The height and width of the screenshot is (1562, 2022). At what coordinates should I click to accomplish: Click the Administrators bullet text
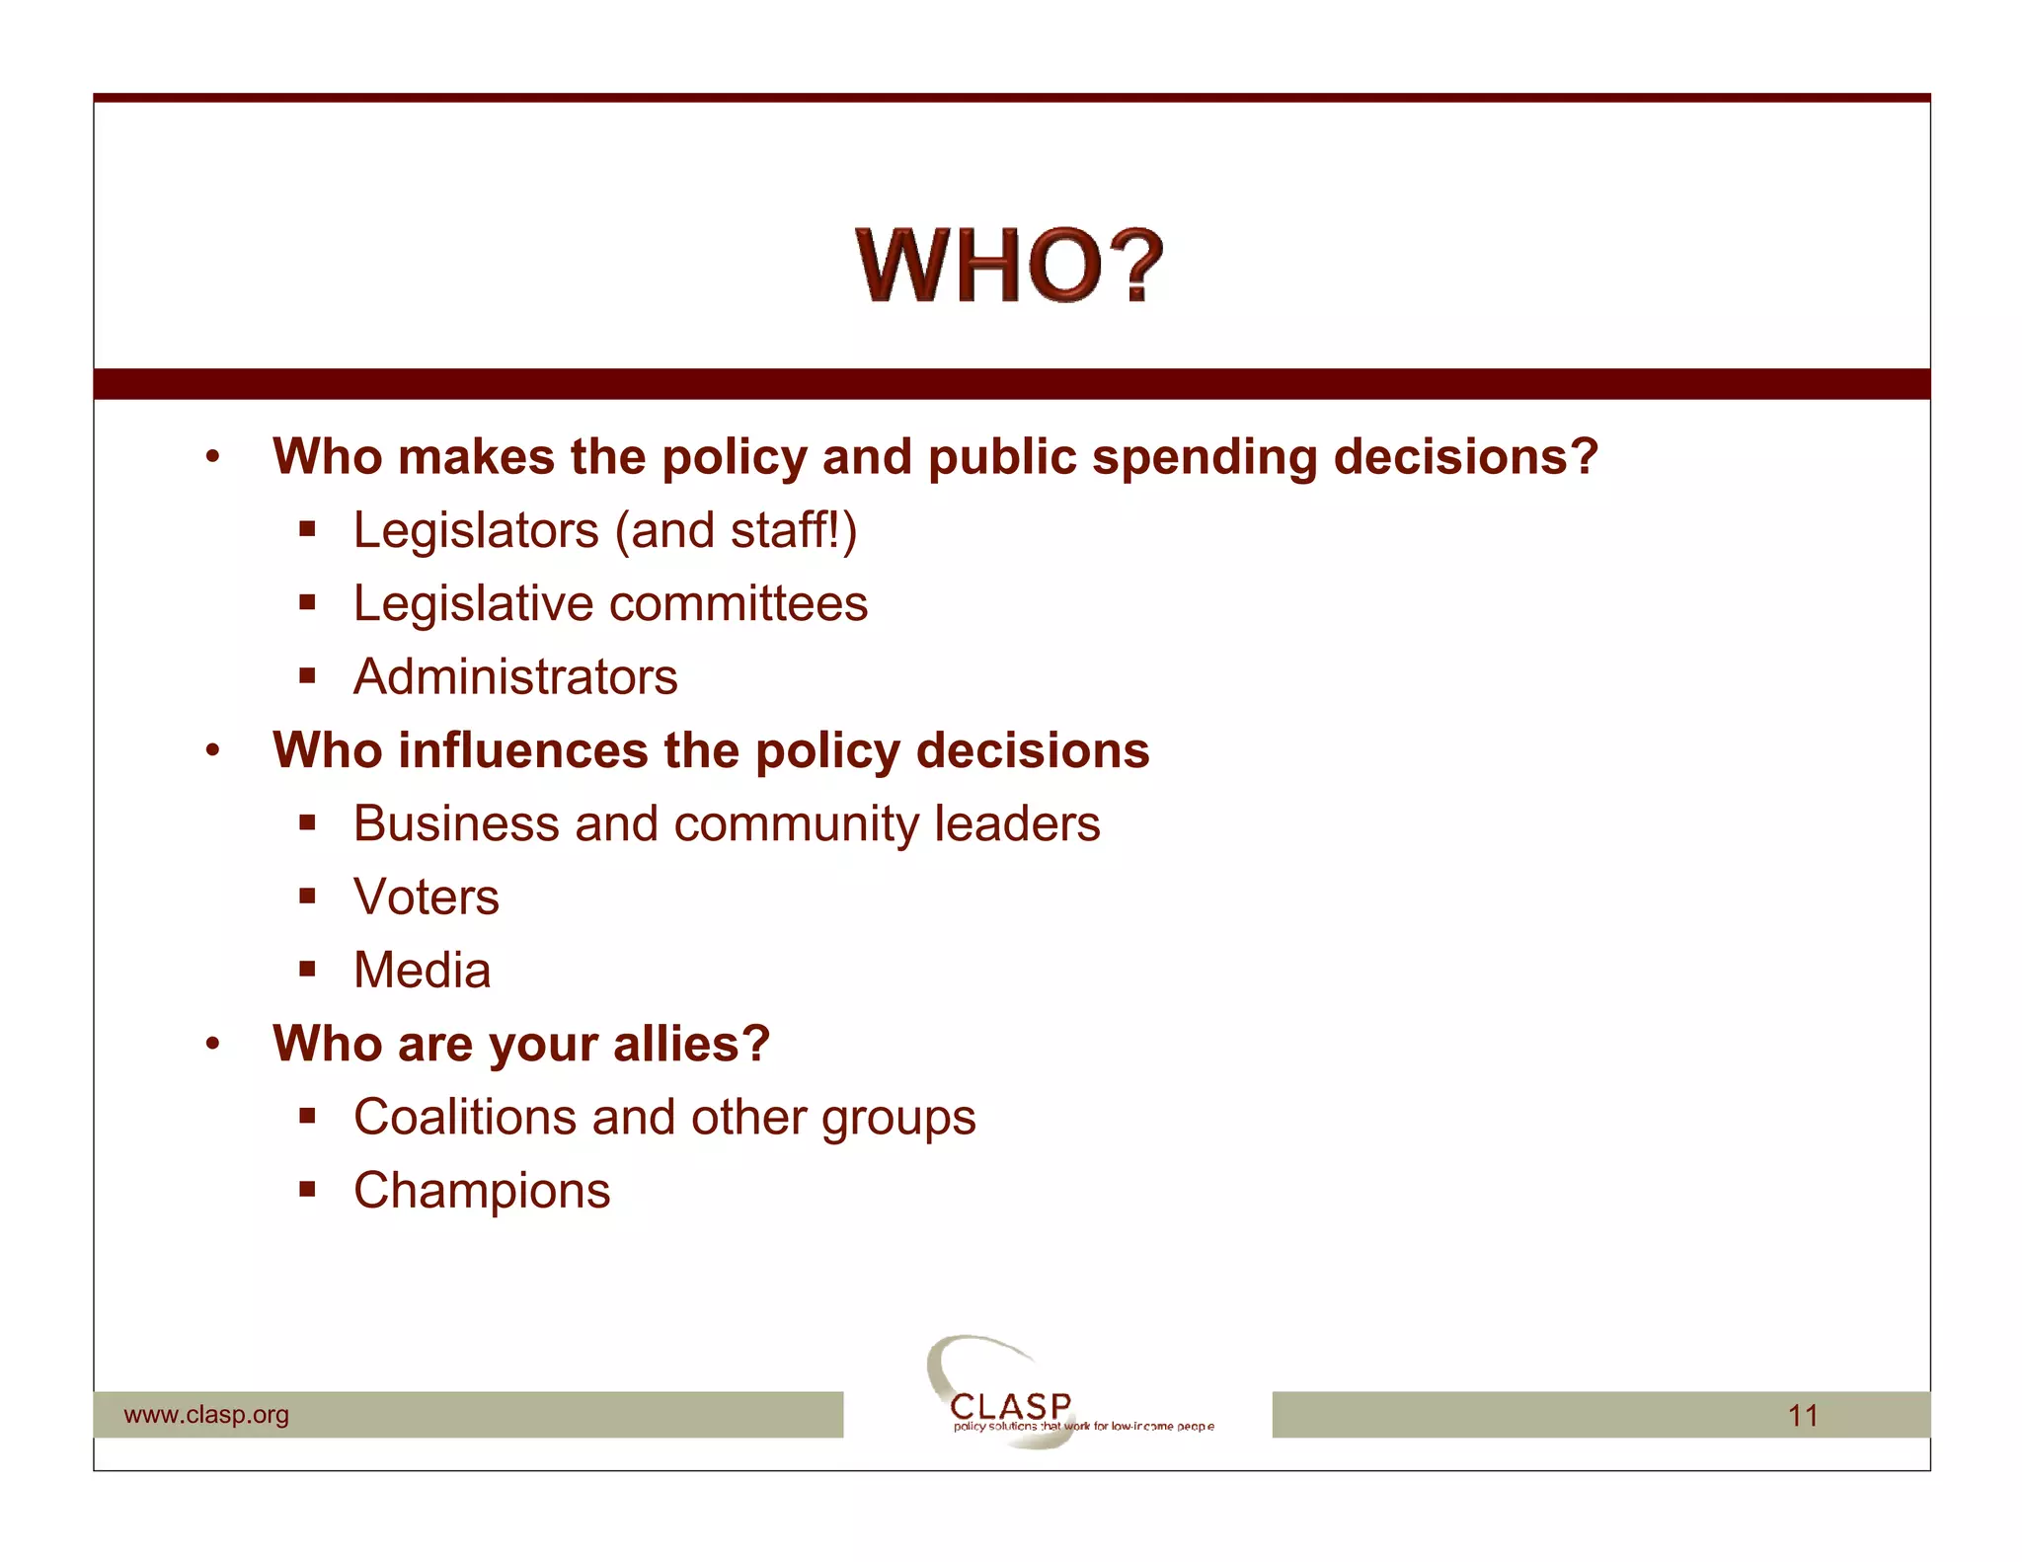pyautogui.click(x=515, y=677)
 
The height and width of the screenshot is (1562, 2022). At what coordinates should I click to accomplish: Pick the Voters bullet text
pyautogui.click(x=427, y=898)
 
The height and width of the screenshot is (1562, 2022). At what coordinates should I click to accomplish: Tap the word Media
pyautogui.click(x=423, y=971)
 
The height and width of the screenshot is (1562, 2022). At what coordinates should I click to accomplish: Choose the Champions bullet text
pyautogui.click(x=482, y=1191)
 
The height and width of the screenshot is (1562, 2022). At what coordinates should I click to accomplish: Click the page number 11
pyautogui.click(x=1803, y=1416)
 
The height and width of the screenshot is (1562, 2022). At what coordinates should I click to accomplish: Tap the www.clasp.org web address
pyautogui.click(x=206, y=1415)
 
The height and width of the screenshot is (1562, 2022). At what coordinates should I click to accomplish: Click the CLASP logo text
pyautogui.click(x=1010, y=1405)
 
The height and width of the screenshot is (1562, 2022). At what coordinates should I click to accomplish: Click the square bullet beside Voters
pyautogui.click(x=308, y=897)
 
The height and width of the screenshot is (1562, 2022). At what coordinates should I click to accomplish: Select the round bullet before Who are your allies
pyautogui.click(x=212, y=1044)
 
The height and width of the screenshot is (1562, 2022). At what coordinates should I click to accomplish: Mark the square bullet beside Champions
pyautogui.click(x=308, y=1190)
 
